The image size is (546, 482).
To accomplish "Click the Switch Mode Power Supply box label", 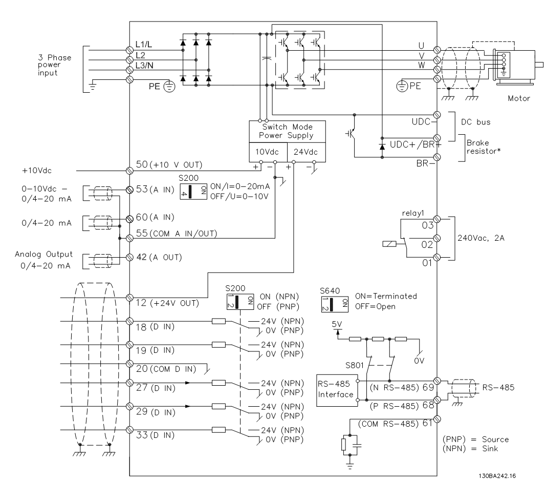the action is (287, 132).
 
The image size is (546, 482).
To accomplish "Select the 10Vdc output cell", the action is (268, 152).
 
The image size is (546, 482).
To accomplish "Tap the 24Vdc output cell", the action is (307, 152).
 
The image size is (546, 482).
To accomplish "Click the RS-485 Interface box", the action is (337, 390).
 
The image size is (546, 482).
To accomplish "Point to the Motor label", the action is (519, 98).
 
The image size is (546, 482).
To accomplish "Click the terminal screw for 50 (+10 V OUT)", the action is (129, 171).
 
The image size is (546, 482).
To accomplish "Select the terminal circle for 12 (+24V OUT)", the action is (129, 298).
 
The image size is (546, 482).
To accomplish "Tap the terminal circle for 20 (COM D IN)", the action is (129, 364).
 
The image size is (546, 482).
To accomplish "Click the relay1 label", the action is (413, 213).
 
